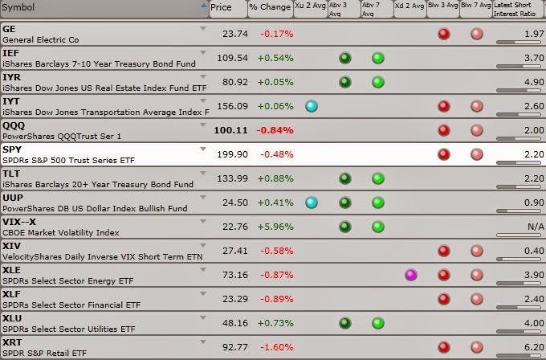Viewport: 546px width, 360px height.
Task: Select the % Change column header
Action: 271,8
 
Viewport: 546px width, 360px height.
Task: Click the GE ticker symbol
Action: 9,29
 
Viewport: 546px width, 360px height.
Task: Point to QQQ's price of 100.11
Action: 230,130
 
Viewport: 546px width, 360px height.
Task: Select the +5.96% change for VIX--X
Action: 275,227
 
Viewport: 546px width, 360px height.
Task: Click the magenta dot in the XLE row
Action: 411,275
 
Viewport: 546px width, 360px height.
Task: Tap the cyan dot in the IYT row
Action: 312,106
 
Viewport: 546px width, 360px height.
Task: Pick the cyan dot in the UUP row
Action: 312,202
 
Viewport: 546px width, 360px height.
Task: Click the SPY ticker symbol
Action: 12,149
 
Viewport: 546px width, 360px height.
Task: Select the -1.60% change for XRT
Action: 277,347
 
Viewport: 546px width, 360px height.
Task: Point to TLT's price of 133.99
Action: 232,178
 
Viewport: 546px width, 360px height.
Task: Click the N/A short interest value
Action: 536,227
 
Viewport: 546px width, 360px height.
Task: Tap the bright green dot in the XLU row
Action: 378,323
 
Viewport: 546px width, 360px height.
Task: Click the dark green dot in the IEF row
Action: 345,58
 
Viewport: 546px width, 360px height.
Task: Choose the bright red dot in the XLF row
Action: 443,299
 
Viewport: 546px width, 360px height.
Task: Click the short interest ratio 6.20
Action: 534,347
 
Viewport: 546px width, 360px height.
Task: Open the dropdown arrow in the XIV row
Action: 203,245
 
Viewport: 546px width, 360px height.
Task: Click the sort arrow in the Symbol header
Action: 204,5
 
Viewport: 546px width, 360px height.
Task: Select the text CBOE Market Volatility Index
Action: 61,233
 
